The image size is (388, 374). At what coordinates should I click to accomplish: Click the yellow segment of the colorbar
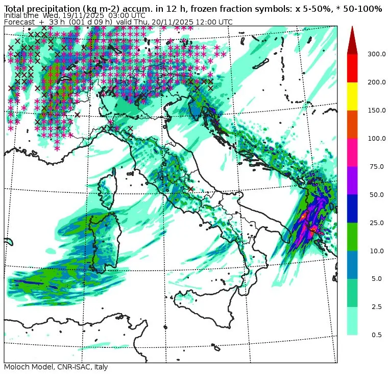pyautogui.click(x=352, y=96)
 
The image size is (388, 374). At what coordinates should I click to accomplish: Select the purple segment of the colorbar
pyautogui.click(x=352, y=180)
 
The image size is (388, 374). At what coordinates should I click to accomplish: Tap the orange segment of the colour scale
pyautogui.click(x=352, y=124)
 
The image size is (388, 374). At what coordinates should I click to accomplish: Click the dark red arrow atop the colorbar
pyautogui.click(x=352, y=41)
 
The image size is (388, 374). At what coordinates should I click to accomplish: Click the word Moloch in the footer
pyautogui.click(x=16, y=367)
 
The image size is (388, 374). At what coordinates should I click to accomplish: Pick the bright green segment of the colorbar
pyautogui.click(x=352, y=236)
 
